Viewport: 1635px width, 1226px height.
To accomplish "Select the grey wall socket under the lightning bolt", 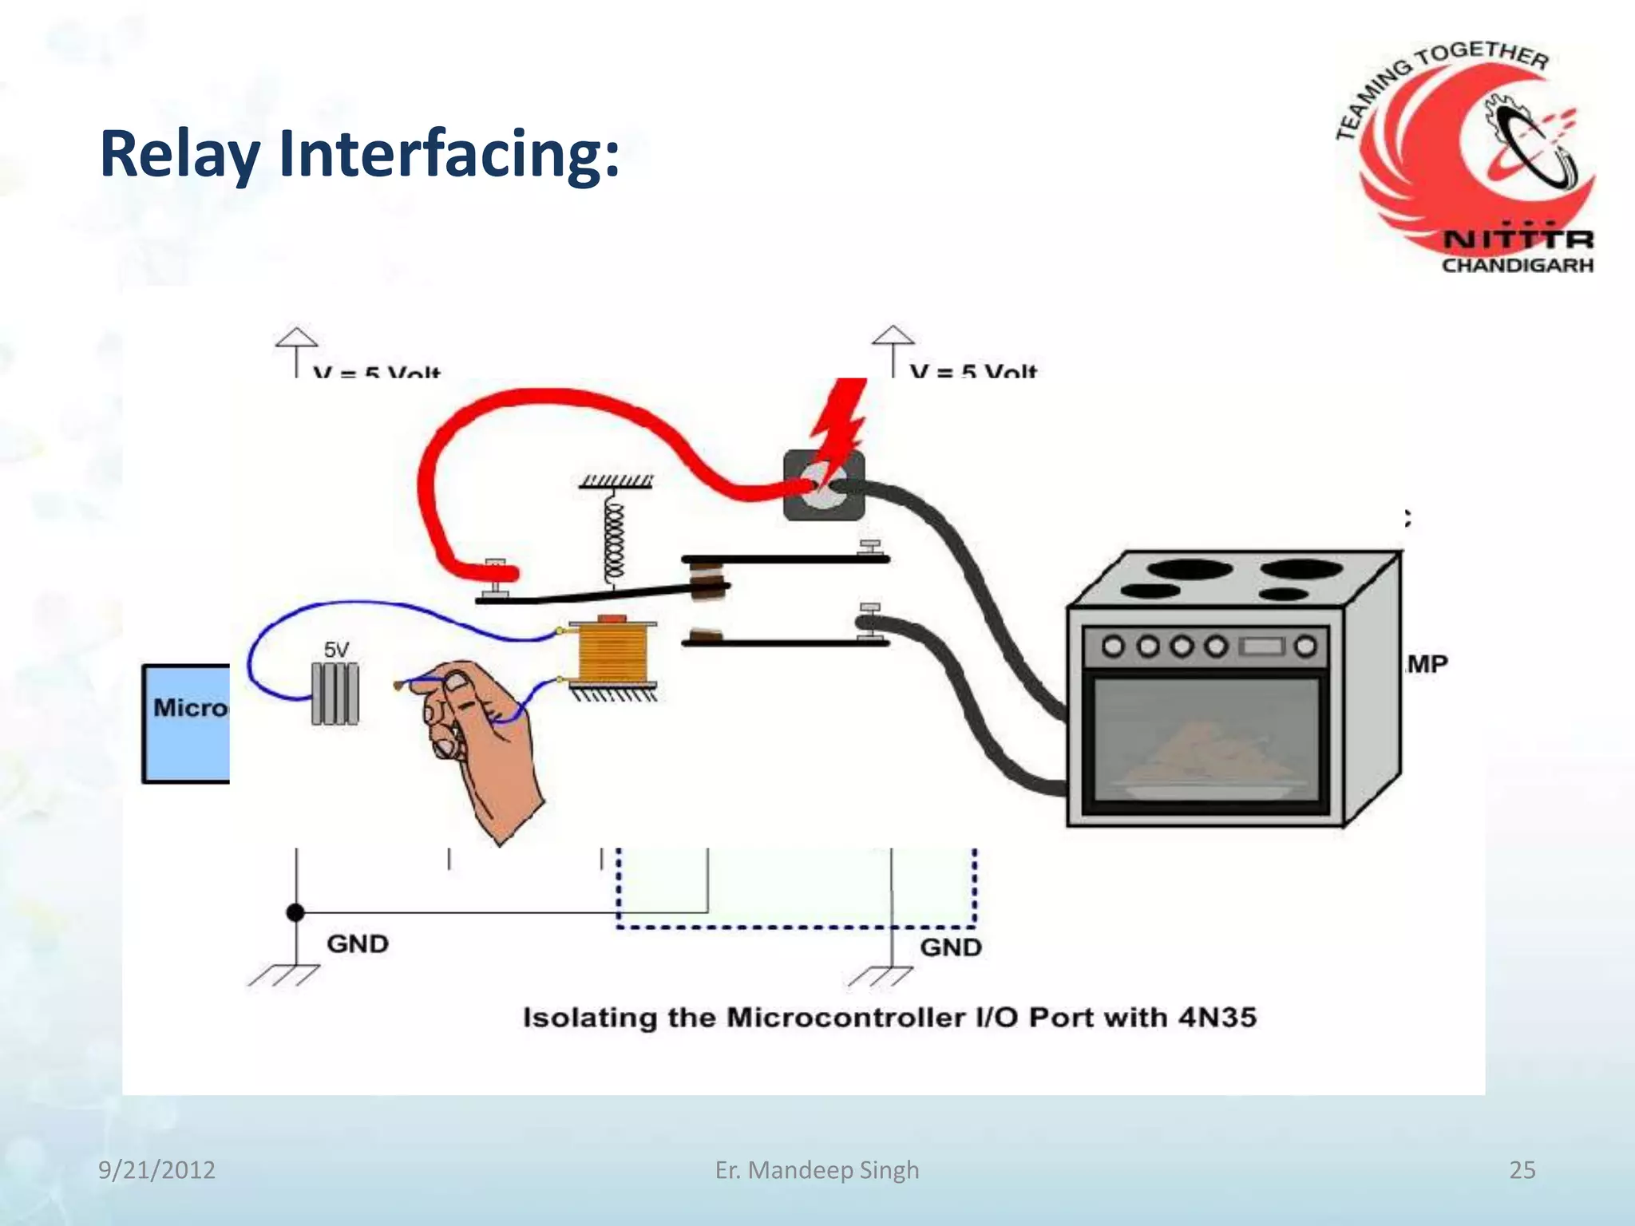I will (823, 486).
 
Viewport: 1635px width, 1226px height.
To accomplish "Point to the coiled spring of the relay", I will (613, 535).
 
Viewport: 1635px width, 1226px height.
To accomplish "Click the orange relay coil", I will (612, 652).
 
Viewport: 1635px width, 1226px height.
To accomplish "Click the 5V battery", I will (335, 693).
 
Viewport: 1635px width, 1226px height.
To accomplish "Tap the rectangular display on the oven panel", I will (1261, 646).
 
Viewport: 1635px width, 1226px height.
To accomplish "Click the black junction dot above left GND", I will (295, 912).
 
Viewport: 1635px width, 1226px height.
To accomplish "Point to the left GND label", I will (358, 944).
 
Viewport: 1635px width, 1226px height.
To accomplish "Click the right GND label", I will (951, 947).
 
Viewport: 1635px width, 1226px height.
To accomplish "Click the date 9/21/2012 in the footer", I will (156, 1170).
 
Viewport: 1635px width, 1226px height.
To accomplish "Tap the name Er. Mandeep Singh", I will (817, 1170).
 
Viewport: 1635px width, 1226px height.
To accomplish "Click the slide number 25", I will (1522, 1170).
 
